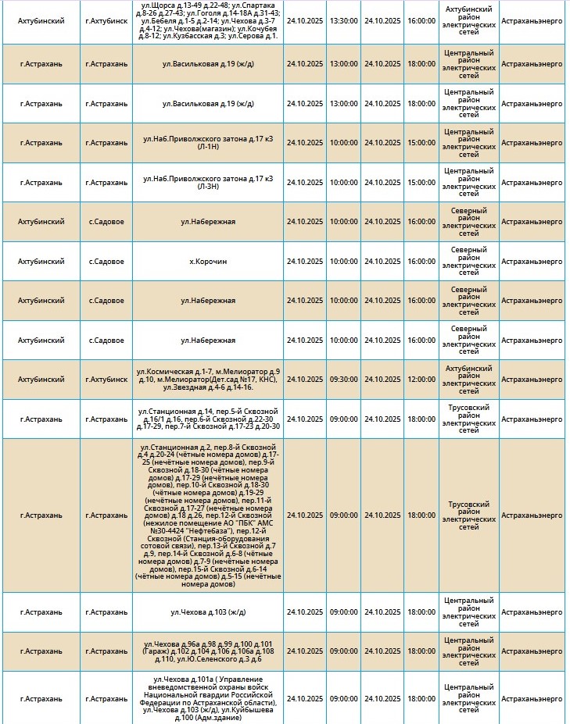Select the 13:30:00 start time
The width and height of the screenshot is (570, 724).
point(342,20)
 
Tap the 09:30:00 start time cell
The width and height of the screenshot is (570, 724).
point(342,380)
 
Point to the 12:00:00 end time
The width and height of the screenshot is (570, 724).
point(421,380)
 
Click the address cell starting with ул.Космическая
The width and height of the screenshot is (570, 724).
point(208,380)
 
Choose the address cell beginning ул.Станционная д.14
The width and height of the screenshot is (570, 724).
point(208,419)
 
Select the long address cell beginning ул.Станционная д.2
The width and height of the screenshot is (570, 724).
point(208,515)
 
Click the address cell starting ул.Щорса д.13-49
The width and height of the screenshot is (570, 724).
point(208,20)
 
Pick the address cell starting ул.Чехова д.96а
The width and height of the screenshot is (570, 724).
point(208,651)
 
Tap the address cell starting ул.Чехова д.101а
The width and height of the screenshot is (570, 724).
point(208,698)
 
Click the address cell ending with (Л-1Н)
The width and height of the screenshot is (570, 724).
point(208,143)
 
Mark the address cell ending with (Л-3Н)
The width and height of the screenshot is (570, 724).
point(208,182)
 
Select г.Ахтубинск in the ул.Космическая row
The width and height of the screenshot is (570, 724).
point(106,380)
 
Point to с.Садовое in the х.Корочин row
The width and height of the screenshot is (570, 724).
point(106,262)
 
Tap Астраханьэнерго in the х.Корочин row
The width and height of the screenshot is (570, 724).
point(532,262)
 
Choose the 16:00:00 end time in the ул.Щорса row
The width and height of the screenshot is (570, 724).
point(421,20)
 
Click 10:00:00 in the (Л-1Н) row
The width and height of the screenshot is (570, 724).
point(342,143)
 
